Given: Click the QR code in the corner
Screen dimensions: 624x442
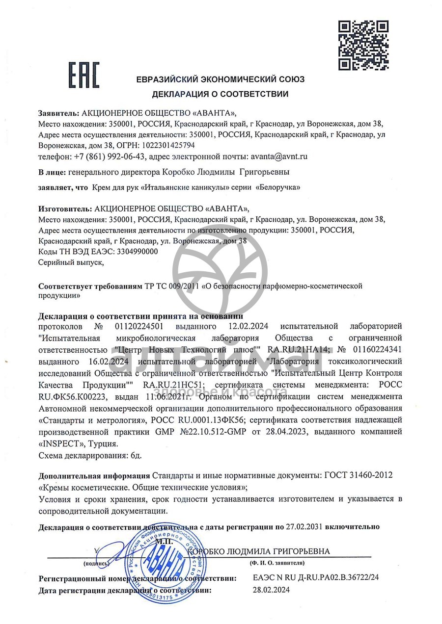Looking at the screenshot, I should click(364, 45).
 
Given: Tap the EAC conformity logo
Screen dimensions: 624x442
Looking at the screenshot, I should click(83, 75).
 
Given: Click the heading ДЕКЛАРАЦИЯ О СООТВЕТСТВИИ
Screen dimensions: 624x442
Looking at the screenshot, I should click(220, 94).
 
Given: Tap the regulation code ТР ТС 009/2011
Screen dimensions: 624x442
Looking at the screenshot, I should click(172, 286).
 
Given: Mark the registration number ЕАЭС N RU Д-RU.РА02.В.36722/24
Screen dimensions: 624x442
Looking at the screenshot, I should click(316, 578).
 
